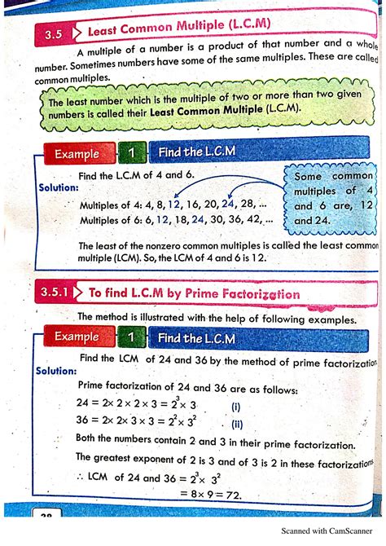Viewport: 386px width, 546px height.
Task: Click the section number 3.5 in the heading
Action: (x=53, y=33)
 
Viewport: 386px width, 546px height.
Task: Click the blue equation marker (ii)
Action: (x=237, y=423)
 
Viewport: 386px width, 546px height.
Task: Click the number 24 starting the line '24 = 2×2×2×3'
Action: (x=83, y=404)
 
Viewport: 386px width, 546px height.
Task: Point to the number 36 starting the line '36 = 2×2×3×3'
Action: (x=83, y=421)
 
